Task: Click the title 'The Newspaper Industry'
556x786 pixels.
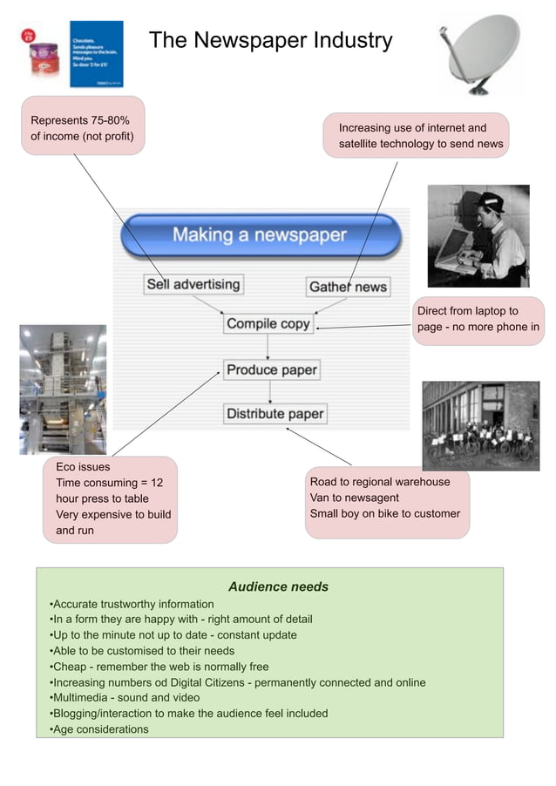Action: pos(270,40)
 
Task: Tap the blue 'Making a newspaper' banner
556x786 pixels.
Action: pos(260,235)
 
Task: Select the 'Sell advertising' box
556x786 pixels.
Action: pos(193,284)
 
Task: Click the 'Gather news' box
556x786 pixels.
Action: pos(348,287)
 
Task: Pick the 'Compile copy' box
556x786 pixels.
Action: pos(268,324)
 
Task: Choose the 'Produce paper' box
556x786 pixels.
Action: pos(272,369)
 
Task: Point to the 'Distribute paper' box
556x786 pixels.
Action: pos(275,414)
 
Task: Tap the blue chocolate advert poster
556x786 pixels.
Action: pos(96,54)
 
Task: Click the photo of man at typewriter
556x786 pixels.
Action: pos(478,235)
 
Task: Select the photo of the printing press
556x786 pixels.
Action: pos(63,390)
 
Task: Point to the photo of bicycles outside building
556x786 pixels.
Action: pos(480,425)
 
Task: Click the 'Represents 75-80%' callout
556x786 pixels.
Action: pos(83,127)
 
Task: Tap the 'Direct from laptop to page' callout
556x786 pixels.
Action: pos(478,319)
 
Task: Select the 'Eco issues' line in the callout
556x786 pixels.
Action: pos(83,467)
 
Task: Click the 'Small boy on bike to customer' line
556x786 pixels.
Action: pos(384,513)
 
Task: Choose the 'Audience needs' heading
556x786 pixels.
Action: pos(278,586)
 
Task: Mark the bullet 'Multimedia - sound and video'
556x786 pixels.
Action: pos(126,698)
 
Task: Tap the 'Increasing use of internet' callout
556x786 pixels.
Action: pos(417,135)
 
